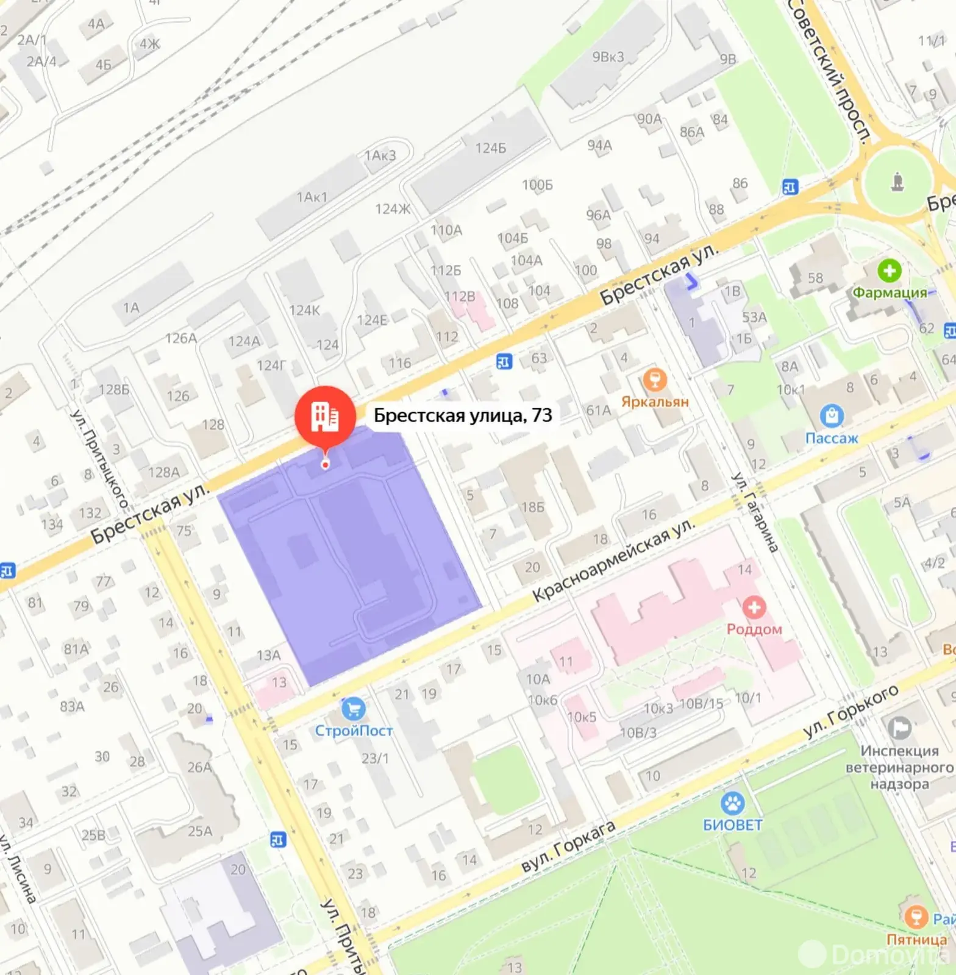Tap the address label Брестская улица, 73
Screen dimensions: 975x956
[462, 416]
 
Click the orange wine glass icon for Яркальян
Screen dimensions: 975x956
[655, 380]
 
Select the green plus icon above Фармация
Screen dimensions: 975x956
[889, 271]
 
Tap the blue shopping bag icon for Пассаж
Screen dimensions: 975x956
[831, 417]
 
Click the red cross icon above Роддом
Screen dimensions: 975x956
[754, 608]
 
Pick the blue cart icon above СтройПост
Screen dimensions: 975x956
[353, 709]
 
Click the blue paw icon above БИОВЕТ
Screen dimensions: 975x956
[732, 804]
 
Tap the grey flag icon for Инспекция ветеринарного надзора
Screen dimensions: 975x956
[899, 728]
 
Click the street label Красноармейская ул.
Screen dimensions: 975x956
[613, 561]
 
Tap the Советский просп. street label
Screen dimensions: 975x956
[828, 70]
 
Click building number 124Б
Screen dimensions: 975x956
[491, 148]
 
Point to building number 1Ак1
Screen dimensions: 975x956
[312, 197]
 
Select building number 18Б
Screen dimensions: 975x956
[532, 506]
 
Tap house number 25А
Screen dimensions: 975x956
[200, 831]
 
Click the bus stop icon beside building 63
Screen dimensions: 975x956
[504, 361]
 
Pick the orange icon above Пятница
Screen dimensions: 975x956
[915, 916]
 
